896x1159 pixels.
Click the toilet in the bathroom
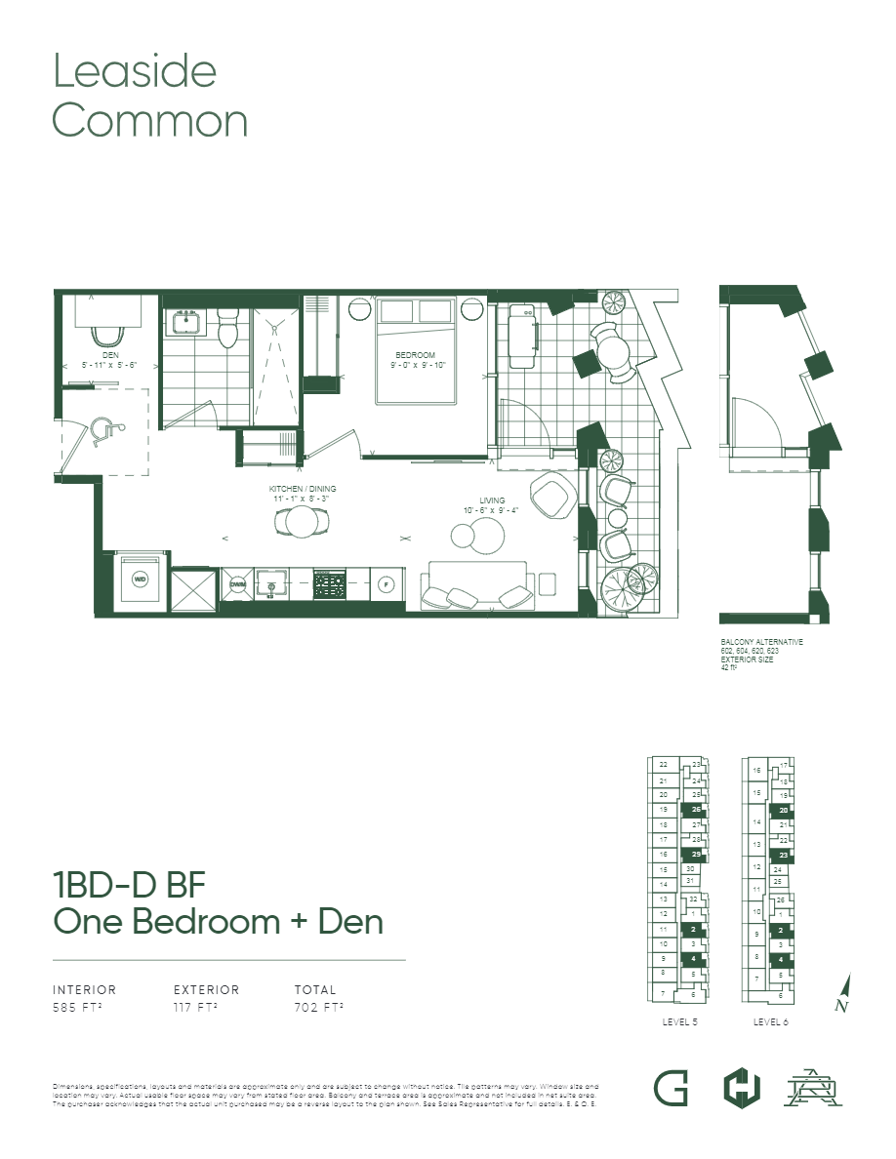(229, 332)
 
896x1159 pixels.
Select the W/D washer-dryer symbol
(141, 579)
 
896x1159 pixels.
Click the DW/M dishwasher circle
(238, 584)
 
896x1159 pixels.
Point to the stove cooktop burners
(329, 584)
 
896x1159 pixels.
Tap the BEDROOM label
(415, 355)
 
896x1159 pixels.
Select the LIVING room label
(492, 500)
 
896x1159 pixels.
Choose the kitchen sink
(272, 584)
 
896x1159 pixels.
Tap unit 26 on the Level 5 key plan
(696, 810)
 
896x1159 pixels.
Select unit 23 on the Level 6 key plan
(783, 856)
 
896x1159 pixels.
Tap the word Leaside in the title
(135, 71)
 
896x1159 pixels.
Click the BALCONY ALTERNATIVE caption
(761, 642)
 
